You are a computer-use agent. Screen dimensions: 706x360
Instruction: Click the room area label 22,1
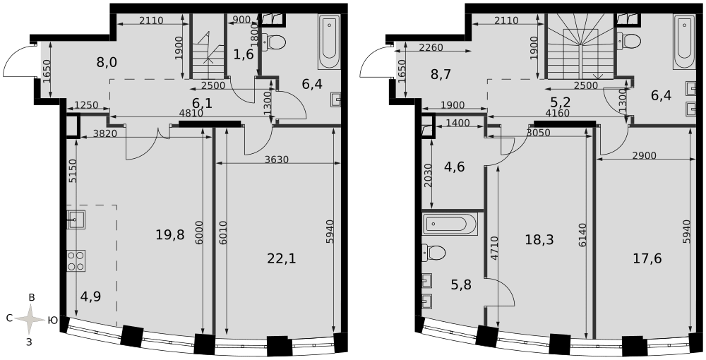tap(282, 258)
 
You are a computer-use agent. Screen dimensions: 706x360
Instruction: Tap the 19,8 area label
tap(170, 234)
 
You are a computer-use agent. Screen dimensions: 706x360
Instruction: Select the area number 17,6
tap(647, 258)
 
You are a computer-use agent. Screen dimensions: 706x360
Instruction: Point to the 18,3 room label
tap(539, 239)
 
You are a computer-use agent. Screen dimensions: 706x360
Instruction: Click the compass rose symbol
tap(30, 319)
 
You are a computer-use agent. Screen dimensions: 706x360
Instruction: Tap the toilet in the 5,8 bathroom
tap(434, 253)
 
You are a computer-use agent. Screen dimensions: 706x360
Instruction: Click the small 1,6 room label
tap(244, 54)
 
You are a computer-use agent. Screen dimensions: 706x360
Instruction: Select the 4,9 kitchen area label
tap(90, 296)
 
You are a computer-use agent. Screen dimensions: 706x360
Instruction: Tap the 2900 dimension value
tap(644, 155)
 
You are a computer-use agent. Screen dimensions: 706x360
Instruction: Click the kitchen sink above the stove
tap(76, 219)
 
